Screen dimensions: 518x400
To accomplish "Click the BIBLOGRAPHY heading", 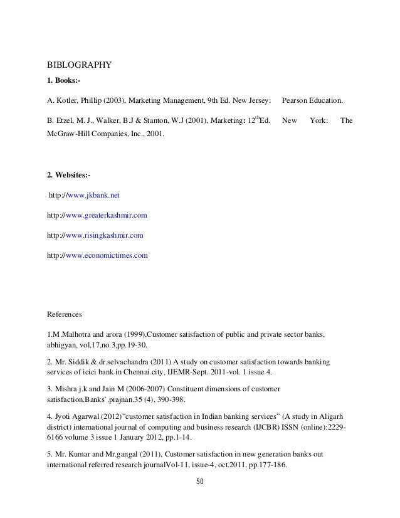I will coord(80,64).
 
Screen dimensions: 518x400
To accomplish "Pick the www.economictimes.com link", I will coord(107,255).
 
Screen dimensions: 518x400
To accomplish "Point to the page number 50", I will coord(200,482).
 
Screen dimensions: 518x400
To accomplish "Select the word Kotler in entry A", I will coord(66,100).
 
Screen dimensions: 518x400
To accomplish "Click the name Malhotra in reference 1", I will coord(73,332).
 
